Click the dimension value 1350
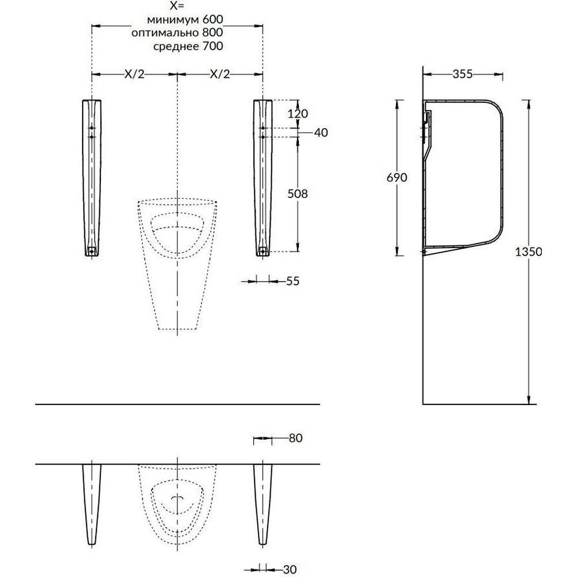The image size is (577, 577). (x=528, y=252)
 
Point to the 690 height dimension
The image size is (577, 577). (x=397, y=177)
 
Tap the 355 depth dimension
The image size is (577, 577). (x=463, y=74)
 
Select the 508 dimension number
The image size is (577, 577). (x=297, y=193)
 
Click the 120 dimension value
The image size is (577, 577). (x=297, y=114)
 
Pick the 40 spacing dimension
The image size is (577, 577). (x=321, y=133)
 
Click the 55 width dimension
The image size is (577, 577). (x=293, y=281)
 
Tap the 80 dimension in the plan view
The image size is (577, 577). (x=295, y=438)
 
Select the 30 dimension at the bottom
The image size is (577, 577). (x=290, y=569)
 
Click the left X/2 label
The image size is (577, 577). (x=134, y=74)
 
